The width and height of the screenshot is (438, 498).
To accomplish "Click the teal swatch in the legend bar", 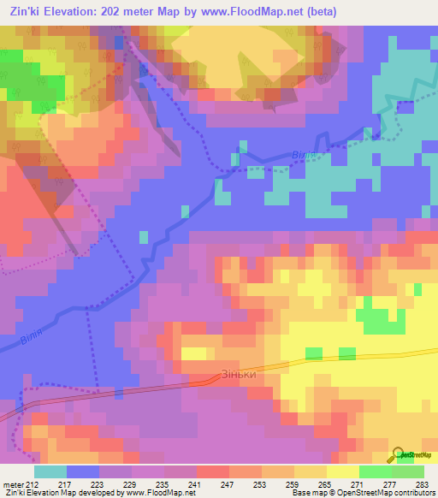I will pos(50,471).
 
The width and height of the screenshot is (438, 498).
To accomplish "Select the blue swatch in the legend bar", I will pos(82,471).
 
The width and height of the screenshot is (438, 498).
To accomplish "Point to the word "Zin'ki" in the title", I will pos(21,12).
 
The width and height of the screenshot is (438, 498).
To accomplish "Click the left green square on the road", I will pos(314,353).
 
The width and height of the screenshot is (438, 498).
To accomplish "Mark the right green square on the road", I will pos(346,353).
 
